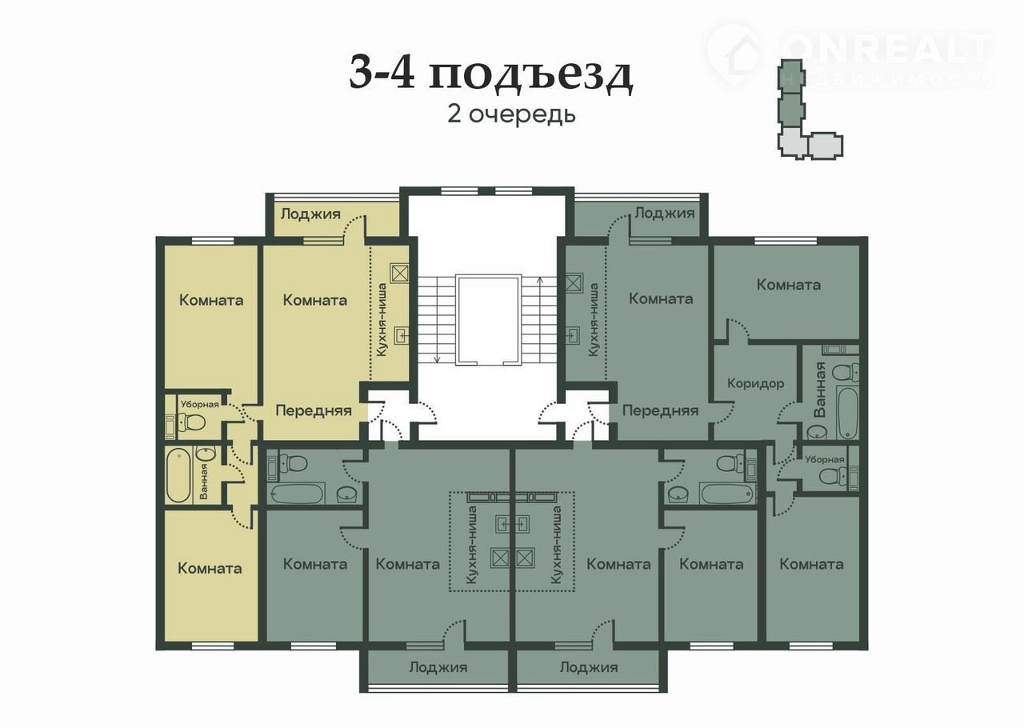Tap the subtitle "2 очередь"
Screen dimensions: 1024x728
click(511, 114)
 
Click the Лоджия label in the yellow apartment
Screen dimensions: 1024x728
click(310, 214)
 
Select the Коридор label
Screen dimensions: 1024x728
click(756, 383)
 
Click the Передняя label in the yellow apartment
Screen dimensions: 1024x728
click(314, 410)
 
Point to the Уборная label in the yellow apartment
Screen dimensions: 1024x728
click(200, 404)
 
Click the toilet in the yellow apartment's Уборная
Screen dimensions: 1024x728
click(191, 422)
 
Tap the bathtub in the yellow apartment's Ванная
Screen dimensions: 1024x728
click(178, 475)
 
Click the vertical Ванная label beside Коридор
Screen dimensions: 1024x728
click(820, 390)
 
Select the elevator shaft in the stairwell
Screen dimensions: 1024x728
click(488, 320)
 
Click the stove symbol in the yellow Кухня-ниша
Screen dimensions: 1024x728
click(400, 274)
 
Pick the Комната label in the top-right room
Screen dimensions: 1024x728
click(789, 285)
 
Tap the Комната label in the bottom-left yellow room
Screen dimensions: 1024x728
click(210, 569)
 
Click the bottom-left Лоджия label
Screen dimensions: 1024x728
click(438, 667)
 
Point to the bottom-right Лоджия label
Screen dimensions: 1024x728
click(589, 667)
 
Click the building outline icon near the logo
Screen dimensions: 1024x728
click(810, 110)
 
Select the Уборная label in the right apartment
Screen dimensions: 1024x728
click(825, 459)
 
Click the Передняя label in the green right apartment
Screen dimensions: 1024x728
click(661, 410)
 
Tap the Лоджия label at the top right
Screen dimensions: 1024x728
click(665, 213)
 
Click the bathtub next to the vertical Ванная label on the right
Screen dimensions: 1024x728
click(847, 412)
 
